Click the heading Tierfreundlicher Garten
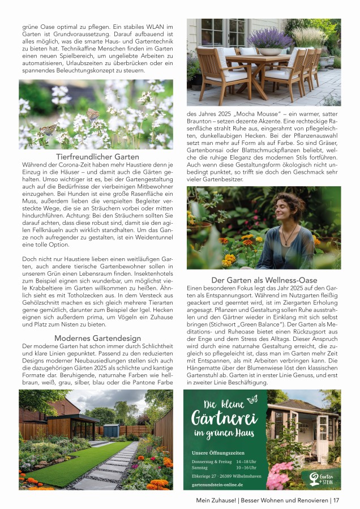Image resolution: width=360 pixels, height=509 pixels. [97, 156]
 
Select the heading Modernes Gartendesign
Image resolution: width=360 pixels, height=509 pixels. [97, 338]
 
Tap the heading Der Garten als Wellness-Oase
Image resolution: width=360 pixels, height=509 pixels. [264, 280]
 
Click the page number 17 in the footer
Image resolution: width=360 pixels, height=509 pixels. [336, 500]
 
